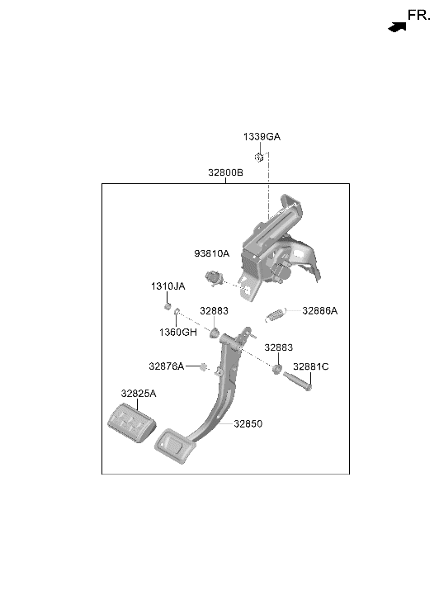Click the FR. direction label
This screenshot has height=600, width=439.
tap(418, 16)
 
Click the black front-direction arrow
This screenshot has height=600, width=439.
tap(397, 27)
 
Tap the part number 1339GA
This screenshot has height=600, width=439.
tap(262, 137)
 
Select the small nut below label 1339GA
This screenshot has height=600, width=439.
tap(259, 157)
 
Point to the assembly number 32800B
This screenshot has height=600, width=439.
tap(225, 172)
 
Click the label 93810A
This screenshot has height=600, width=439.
tap(211, 253)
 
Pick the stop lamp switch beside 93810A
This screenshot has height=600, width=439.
tap(213, 278)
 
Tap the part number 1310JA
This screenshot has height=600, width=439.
tap(168, 286)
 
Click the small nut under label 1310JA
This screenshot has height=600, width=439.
tap(168, 306)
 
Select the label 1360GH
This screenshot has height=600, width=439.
tap(178, 332)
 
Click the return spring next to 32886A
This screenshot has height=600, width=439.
tap(275, 315)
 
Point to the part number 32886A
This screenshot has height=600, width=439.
tap(319, 310)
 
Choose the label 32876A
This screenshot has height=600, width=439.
tap(166, 366)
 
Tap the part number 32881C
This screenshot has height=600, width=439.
tap(310, 366)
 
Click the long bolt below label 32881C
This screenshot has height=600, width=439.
tap(297, 381)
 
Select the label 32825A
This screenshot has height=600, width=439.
tap(139, 394)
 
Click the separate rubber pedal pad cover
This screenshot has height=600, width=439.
tap(132, 423)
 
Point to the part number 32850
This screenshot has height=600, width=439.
tap(248, 423)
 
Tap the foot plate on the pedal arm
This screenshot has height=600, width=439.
tap(175, 446)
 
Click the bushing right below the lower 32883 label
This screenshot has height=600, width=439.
tap(277, 369)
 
